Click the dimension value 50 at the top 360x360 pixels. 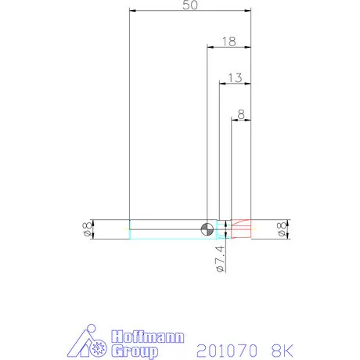[x=190, y=5]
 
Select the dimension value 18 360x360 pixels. [x=229, y=41]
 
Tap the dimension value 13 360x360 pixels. [x=235, y=77]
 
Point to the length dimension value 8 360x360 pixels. [x=241, y=114]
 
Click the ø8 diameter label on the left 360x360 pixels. [x=88, y=229]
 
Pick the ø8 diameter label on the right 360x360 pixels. [x=282, y=229]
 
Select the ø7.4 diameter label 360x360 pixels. [x=221, y=259]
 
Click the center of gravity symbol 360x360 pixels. [x=207, y=229]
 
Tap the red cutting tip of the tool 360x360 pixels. [x=241, y=229]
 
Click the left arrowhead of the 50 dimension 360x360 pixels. [x=133, y=11]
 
